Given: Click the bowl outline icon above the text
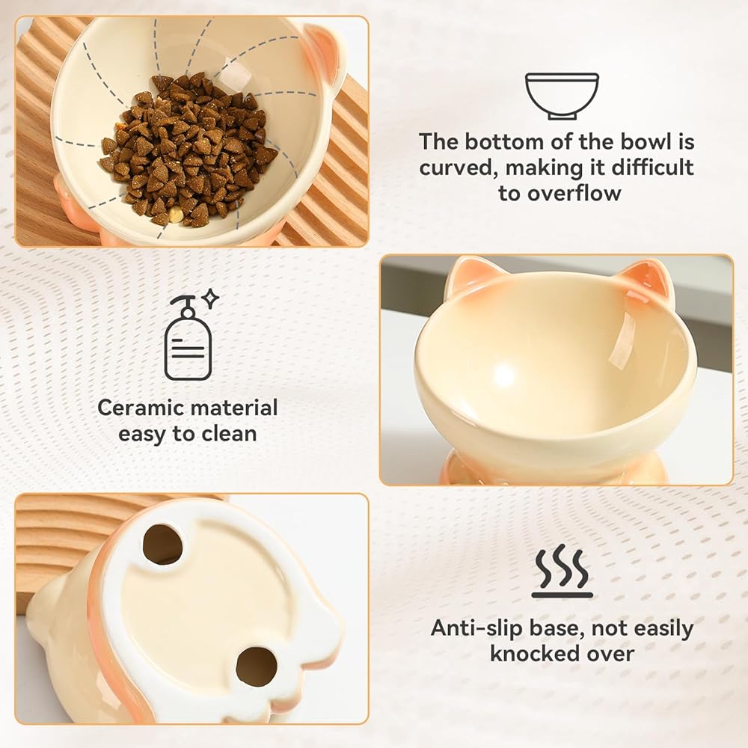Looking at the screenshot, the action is point(562,96).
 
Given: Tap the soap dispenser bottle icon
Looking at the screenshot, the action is point(188,339).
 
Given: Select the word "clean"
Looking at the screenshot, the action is point(229,434).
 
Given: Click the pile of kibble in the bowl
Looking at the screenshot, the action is point(188,149).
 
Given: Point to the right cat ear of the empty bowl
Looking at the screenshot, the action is point(647,280).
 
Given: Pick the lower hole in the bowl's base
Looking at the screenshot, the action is point(257,666).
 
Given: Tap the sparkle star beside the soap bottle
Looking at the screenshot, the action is point(210,299).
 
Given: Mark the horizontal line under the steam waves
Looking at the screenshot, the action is point(562,595).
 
